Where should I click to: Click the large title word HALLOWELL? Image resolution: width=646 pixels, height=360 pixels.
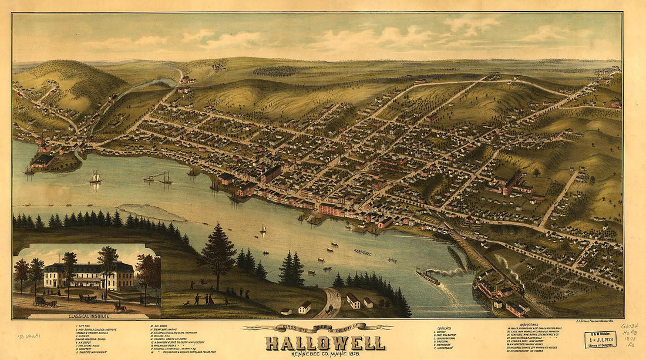tap(325, 342)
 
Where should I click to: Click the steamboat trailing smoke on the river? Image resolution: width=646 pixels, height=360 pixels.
tap(428, 277)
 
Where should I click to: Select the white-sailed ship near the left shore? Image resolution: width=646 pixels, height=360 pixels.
tap(96, 177)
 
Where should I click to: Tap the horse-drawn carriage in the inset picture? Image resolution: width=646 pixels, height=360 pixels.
tap(45, 301)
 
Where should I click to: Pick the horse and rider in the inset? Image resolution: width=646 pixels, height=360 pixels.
tap(120, 307)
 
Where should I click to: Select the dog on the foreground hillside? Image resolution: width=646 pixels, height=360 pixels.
tap(186, 302)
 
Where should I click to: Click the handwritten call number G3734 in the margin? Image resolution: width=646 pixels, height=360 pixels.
tap(630, 327)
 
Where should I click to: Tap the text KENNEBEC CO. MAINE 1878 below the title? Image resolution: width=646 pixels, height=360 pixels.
tap(325, 354)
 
